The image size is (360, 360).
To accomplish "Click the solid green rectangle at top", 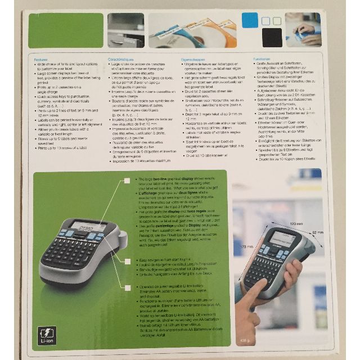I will tap(66, 30).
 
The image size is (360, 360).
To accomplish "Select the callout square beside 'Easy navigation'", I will tap(128, 261).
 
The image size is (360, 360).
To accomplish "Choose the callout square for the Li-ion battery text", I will tap(128, 287).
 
